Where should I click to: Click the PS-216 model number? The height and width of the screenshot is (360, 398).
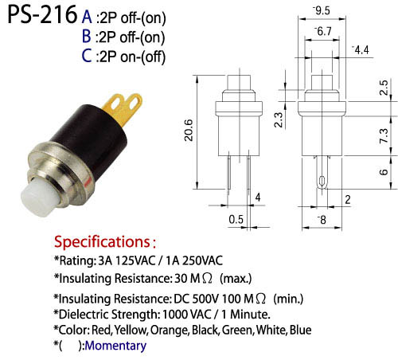(x=42, y=15)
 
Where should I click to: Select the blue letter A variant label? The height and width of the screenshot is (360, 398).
(x=87, y=17)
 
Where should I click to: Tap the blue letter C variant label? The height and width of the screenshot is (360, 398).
(x=87, y=56)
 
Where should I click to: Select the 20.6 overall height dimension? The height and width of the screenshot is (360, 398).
(x=189, y=130)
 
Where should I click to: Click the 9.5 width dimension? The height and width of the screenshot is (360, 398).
(x=322, y=10)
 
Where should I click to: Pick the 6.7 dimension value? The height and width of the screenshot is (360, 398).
(x=323, y=31)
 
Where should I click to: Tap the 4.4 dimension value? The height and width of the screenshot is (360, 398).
(x=361, y=50)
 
